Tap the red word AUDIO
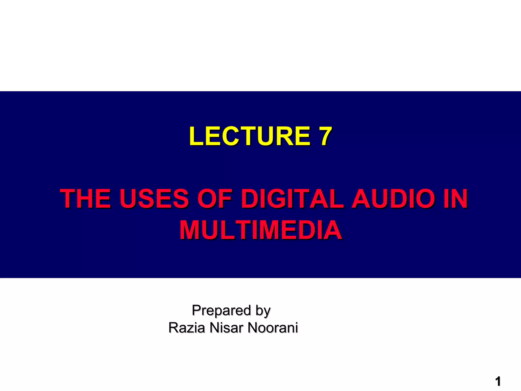(396, 198)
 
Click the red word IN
(455, 198)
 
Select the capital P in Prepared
(196, 310)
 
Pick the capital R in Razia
(173, 328)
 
